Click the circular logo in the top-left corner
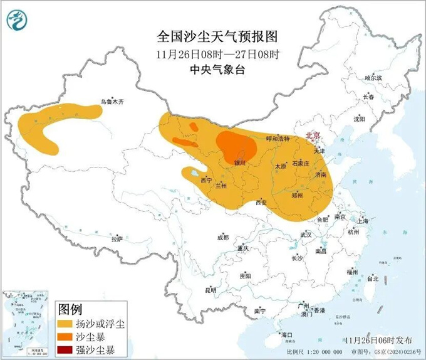coord(18,20)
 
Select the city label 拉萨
coord(117,239)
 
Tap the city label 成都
coord(222,238)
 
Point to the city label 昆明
coord(210,290)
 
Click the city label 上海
coord(361,221)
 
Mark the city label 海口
coord(288,336)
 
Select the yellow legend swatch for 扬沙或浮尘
coord(65,324)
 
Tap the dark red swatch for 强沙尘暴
coord(65,349)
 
